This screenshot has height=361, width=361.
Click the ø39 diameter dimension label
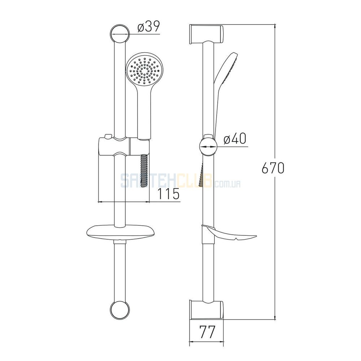pyautogui.click(x=148, y=27)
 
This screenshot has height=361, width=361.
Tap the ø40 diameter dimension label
pyautogui.click(x=235, y=139)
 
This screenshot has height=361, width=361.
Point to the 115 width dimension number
pyautogui.click(x=168, y=193)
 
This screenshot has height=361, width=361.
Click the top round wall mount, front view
pyautogui.click(x=119, y=34)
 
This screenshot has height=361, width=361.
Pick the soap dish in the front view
pyautogui.click(x=119, y=232)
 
